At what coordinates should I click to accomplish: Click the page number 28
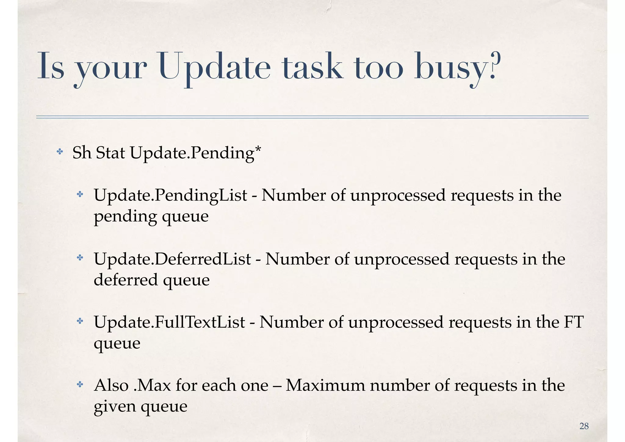pyautogui.click(x=584, y=426)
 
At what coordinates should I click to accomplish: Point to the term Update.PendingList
pyautogui.click(x=170, y=195)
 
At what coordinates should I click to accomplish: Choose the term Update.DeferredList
pyautogui.click(x=172, y=259)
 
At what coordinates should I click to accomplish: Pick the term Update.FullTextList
pyautogui.click(x=169, y=322)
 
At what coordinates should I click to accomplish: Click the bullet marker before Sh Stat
pyautogui.click(x=60, y=151)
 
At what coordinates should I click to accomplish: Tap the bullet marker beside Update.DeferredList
pyautogui.click(x=80, y=258)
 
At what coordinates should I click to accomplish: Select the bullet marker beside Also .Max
pyautogui.click(x=80, y=384)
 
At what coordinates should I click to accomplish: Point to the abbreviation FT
pyautogui.click(x=573, y=322)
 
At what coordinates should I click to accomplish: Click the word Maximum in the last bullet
pyautogui.click(x=325, y=386)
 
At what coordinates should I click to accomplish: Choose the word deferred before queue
pyautogui.click(x=126, y=280)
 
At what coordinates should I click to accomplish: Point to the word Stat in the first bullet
pyautogui.click(x=110, y=153)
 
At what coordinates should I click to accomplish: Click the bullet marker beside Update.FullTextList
pyautogui.click(x=80, y=321)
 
